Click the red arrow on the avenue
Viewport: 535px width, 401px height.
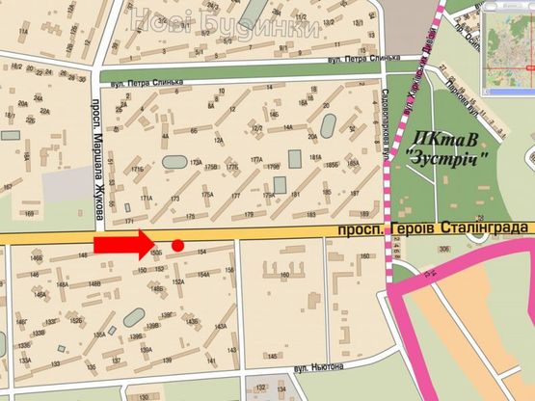[120, 245]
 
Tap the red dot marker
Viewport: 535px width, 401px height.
[177, 246]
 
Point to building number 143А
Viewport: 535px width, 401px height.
[220, 326]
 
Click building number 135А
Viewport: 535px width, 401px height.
[99, 334]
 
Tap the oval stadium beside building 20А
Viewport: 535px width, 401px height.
[329, 125]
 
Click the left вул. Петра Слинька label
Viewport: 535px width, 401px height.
[146, 85]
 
